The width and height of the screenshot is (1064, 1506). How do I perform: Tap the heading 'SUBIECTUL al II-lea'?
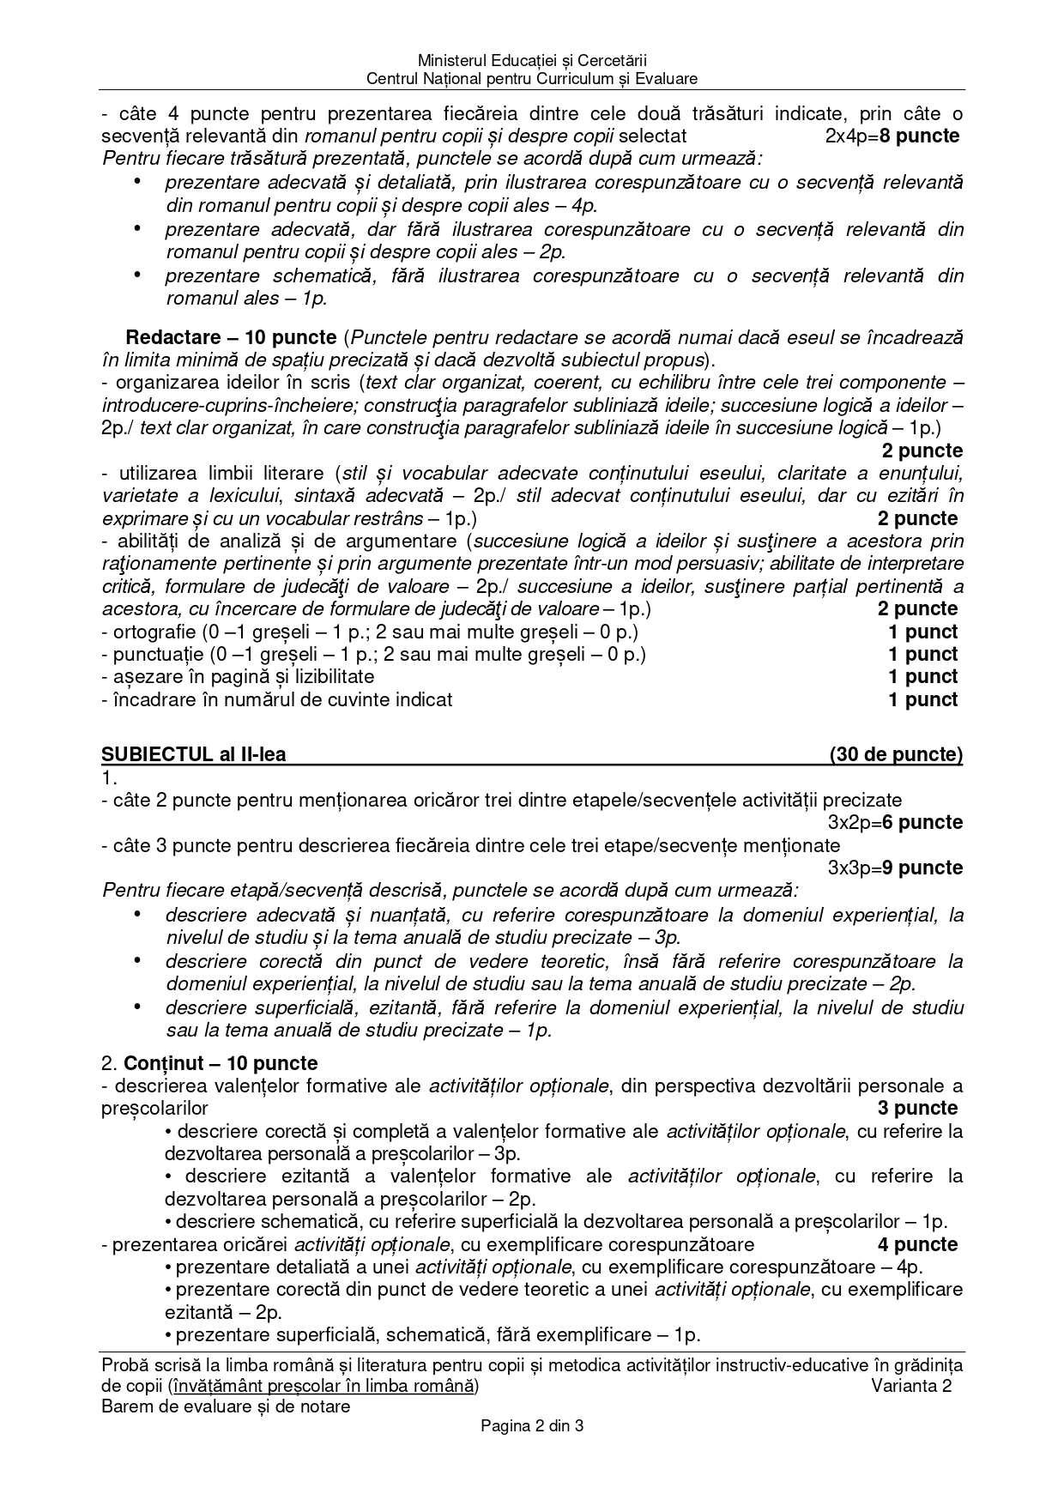(x=194, y=754)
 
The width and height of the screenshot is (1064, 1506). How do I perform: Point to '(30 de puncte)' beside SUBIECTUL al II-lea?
(x=896, y=754)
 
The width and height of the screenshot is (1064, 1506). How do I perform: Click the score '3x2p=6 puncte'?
(x=895, y=822)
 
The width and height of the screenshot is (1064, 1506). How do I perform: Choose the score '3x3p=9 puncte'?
(x=895, y=868)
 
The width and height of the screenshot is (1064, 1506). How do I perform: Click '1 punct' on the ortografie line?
(x=922, y=632)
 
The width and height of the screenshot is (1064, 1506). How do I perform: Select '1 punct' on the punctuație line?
(x=922, y=654)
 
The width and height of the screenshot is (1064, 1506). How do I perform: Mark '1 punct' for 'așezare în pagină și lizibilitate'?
(x=922, y=676)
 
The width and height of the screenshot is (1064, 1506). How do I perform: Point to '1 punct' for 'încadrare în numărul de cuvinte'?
(x=922, y=699)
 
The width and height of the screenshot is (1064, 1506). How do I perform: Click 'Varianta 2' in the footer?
(x=911, y=1386)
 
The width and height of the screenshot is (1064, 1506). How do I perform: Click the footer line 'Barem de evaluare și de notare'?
(x=226, y=1406)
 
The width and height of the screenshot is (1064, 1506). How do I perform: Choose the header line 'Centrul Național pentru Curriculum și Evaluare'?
(x=531, y=79)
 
